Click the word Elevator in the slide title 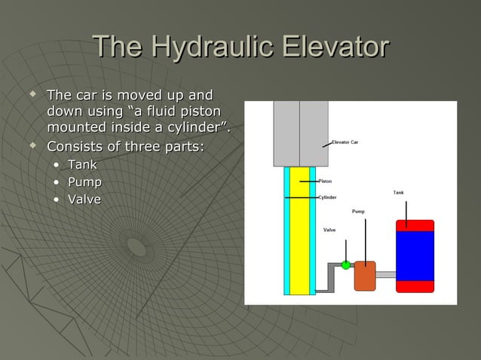coord(334,47)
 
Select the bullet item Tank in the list coord(83,164)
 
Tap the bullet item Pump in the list coord(84,182)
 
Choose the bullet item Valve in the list coord(84,199)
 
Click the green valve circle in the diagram coord(346,264)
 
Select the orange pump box coord(365,275)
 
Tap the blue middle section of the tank coord(415,255)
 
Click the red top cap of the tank coord(415,225)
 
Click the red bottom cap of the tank coord(415,286)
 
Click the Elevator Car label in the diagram coord(345,142)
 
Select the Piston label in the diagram coord(325,181)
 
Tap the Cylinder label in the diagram coord(327,197)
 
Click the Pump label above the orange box coord(358,212)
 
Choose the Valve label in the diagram coord(329,230)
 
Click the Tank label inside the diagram coord(398,193)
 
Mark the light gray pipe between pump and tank coord(385,275)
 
